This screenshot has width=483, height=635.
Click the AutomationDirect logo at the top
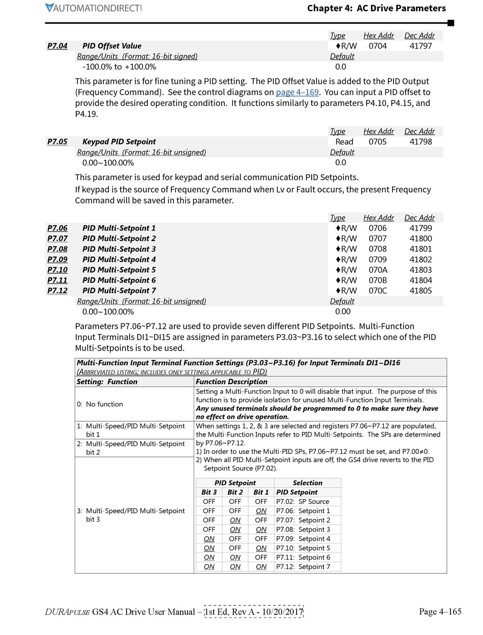click(x=94, y=8)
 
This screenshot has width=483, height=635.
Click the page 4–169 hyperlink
click(x=297, y=92)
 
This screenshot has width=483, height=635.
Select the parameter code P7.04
click(x=57, y=46)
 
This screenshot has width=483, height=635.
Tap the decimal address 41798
click(x=420, y=141)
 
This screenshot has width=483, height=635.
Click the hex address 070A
click(x=377, y=270)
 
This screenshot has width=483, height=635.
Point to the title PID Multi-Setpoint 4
click(x=119, y=259)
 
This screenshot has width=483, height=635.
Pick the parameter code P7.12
click(x=57, y=291)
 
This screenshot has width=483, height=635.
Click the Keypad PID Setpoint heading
click(x=119, y=141)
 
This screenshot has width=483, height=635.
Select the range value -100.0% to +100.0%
click(x=119, y=67)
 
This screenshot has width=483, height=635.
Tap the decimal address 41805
click(x=420, y=291)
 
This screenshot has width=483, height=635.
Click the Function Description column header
click(x=231, y=382)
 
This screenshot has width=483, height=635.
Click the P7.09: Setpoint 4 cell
click(x=303, y=539)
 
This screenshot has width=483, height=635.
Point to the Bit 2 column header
click(x=235, y=492)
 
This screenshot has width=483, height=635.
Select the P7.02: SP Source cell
click(x=303, y=502)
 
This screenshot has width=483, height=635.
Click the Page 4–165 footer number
click(x=440, y=612)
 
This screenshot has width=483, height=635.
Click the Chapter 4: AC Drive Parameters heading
click(x=376, y=8)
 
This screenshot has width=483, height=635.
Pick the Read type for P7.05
click(x=344, y=141)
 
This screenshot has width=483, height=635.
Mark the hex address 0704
click(x=377, y=46)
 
